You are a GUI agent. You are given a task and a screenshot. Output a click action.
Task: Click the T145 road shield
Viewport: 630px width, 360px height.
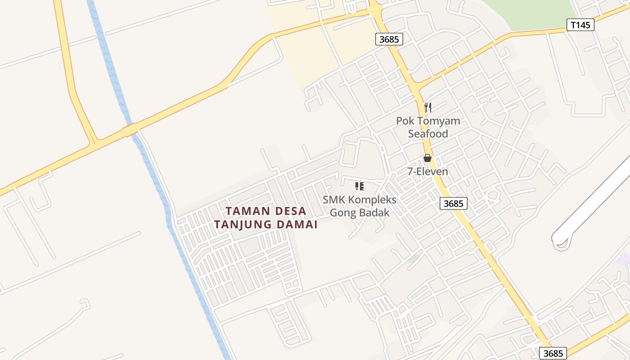pos(580,25)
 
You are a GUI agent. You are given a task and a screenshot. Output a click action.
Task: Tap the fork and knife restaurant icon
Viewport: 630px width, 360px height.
pos(428,107)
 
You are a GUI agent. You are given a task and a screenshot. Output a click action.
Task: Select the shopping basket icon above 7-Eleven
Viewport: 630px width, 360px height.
pos(427,158)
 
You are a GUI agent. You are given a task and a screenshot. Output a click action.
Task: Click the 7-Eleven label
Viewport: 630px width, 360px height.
pos(427,171)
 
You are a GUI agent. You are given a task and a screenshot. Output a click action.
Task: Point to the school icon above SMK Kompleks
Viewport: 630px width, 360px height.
pos(359,186)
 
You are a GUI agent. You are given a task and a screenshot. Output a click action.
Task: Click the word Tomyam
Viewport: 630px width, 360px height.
pos(438,121)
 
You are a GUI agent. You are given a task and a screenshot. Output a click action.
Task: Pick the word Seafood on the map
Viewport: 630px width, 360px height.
pos(428,134)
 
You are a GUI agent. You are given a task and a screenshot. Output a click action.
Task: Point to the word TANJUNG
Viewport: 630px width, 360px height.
pos(241,224)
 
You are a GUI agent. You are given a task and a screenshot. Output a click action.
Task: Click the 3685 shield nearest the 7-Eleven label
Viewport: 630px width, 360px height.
pos(453,203)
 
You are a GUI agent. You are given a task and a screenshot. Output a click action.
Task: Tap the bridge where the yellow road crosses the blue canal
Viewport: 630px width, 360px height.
pos(130,130)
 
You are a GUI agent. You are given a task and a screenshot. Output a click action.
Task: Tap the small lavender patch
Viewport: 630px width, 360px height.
pos(624,259)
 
